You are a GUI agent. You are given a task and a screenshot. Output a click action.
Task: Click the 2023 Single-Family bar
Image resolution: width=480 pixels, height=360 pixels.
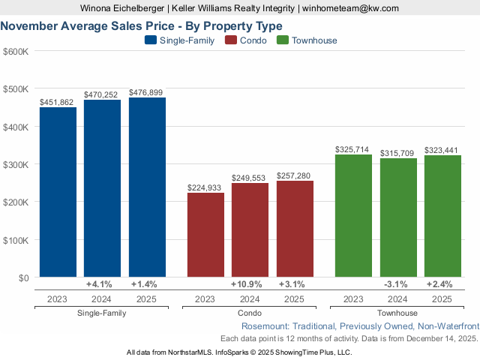(x=58, y=193)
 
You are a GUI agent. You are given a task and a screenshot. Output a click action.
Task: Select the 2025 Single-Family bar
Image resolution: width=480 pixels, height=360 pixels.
(x=147, y=187)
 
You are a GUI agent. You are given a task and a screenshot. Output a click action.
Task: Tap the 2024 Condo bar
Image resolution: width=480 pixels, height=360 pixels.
(x=250, y=230)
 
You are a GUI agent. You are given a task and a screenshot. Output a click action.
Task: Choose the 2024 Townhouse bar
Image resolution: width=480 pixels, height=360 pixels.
(x=398, y=218)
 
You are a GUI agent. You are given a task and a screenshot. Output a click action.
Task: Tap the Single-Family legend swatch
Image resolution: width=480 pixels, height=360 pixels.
(x=151, y=40)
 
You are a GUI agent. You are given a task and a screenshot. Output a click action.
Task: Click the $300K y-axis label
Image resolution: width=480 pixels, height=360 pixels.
(x=16, y=164)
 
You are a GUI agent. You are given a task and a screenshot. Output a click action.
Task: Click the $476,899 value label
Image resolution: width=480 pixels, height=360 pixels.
(x=147, y=92)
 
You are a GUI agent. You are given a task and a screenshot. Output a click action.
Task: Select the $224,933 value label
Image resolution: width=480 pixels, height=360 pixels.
(x=205, y=187)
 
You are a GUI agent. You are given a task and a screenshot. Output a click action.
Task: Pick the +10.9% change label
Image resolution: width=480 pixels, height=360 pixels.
(x=250, y=284)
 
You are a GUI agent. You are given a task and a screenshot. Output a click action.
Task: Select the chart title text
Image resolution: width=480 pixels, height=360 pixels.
(x=141, y=25)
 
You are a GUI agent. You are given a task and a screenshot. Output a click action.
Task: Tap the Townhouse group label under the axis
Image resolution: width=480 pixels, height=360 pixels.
(x=398, y=313)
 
